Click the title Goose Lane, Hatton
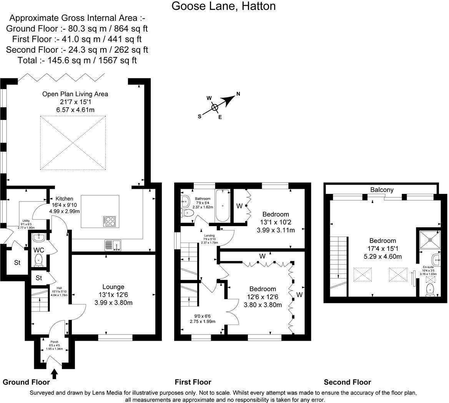coord(223,6)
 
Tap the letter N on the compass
coord(238,94)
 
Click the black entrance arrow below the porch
coord(54,373)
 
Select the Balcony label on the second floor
coord(382,190)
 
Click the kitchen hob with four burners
coord(110,221)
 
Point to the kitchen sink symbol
coord(113,245)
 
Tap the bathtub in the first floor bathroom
coord(223,206)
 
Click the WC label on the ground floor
coord(39,250)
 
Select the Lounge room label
coord(113,287)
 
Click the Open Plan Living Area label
coord(75,94)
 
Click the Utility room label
coord(26,221)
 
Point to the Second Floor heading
coord(347,382)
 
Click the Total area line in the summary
coord(77,60)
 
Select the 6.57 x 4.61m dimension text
coord(75,110)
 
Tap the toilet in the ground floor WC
coord(39,261)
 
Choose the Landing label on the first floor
coord(210,236)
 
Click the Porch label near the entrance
coord(54,341)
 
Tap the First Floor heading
coord(193,382)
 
